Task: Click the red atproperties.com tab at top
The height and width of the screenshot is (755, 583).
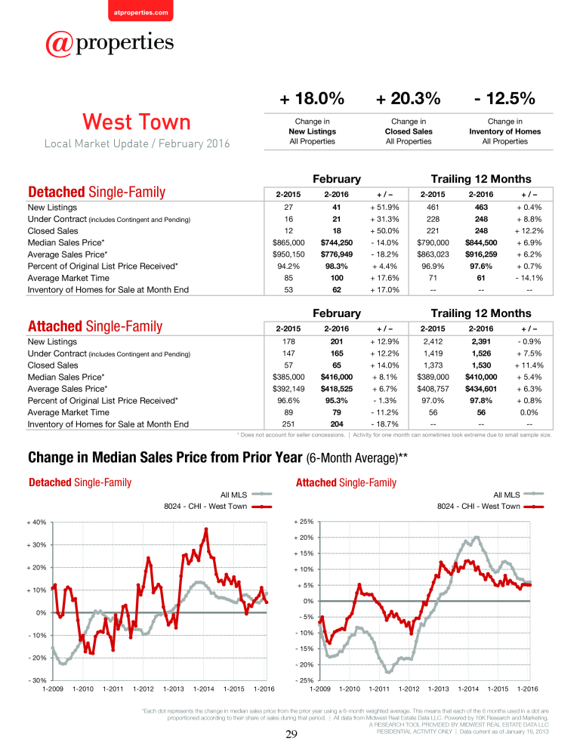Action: point(140,11)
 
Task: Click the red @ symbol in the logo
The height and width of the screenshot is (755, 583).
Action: point(59,45)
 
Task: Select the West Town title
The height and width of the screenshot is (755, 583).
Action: point(137,122)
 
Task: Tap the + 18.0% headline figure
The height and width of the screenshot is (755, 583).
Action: point(312,99)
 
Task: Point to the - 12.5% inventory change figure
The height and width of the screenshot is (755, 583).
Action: point(504,99)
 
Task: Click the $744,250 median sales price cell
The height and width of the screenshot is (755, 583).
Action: point(336,242)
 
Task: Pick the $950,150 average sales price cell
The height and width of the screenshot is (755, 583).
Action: point(288,254)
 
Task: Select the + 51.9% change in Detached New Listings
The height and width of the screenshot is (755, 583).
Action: point(384,208)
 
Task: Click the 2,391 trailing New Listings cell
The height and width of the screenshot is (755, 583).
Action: point(481,342)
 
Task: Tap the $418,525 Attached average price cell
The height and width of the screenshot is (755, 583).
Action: point(336,389)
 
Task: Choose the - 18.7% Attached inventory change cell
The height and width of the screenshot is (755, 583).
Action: point(384,424)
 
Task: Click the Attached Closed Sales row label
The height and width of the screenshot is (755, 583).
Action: point(53,365)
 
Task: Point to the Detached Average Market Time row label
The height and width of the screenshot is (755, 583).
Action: point(69,279)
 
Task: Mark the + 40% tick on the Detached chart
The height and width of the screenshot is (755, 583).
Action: point(36,522)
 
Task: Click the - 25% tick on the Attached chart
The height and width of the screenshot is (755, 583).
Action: point(304,680)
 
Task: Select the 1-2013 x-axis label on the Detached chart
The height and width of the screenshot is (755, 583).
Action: point(174,689)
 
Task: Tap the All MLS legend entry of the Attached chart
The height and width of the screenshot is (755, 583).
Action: point(519,495)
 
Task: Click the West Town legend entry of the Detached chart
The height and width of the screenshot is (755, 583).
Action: point(217,507)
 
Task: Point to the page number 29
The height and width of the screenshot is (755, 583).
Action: point(291,735)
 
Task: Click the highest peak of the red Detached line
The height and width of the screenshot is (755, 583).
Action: point(206,528)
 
